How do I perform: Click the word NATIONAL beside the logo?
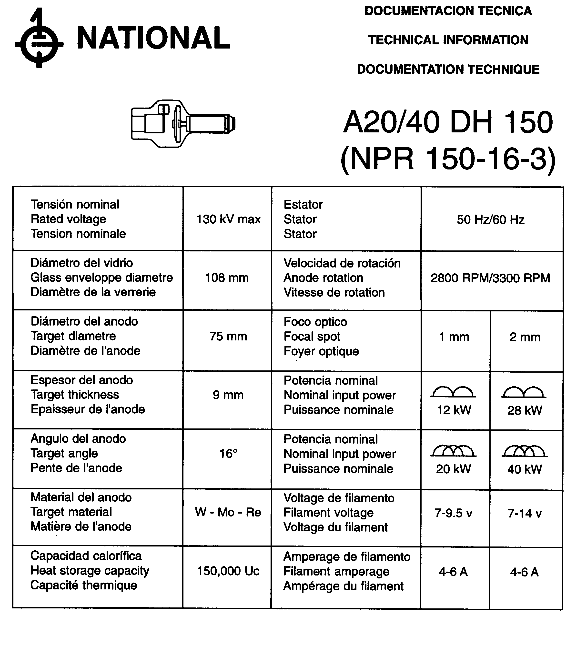pyautogui.click(x=153, y=38)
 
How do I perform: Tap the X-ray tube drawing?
pyautogui.click(x=183, y=123)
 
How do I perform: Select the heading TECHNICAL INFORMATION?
pyautogui.click(x=448, y=40)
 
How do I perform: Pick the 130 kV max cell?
pyautogui.click(x=228, y=219)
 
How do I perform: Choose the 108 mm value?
pyautogui.click(x=227, y=278)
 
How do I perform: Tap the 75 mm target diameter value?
pyautogui.click(x=228, y=336)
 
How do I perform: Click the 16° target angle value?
pyautogui.click(x=228, y=454)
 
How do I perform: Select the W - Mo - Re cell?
pyautogui.click(x=228, y=512)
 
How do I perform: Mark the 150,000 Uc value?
pyautogui.click(x=228, y=571)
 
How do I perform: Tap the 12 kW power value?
pyautogui.click(x=454, y=410)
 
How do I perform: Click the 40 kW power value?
pyautogui.click(x=525, y=469)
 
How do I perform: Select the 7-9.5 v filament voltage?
pyautogui.click(x=453, y=513)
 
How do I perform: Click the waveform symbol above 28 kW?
pyautogui.click(x=524, y=392)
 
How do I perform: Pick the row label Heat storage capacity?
pyautogui.click(x=90, y=571)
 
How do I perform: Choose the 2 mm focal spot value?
pyautogui.click(x=525, y=337)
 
